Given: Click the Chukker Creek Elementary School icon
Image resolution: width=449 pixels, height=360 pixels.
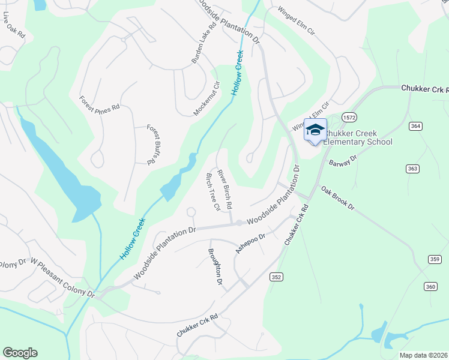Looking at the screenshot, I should pyautogui.click(x=315, y=130).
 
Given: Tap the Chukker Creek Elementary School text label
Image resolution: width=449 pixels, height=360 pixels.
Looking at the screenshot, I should pyautogui.click(x=358, y=137).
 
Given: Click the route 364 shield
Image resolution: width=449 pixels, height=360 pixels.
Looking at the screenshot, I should pyautogui.click(x=415, y=126).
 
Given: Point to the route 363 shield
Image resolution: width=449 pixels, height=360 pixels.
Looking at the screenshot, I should pyautogui.click(x=412, y=169).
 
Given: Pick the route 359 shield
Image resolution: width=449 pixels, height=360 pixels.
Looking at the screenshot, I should pyautogui.click(x=435, y=259).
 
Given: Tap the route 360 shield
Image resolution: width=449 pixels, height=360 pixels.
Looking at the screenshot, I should pyautogui.click(x=430, y=287).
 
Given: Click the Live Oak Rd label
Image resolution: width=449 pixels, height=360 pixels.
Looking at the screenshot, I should pyautogui.click(x=13, y=26).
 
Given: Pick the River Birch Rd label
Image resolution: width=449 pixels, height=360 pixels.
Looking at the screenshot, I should pyautogui.click(x=225, y=188).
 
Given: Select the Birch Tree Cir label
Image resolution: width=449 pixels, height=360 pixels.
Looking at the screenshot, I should pyautogui.click(x=213, y=191).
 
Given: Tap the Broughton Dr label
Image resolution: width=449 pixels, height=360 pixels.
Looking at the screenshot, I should pyautogui.click(x=215, y=267).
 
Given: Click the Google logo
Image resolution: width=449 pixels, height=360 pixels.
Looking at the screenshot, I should pyautogui.click(x=20, y=353).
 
